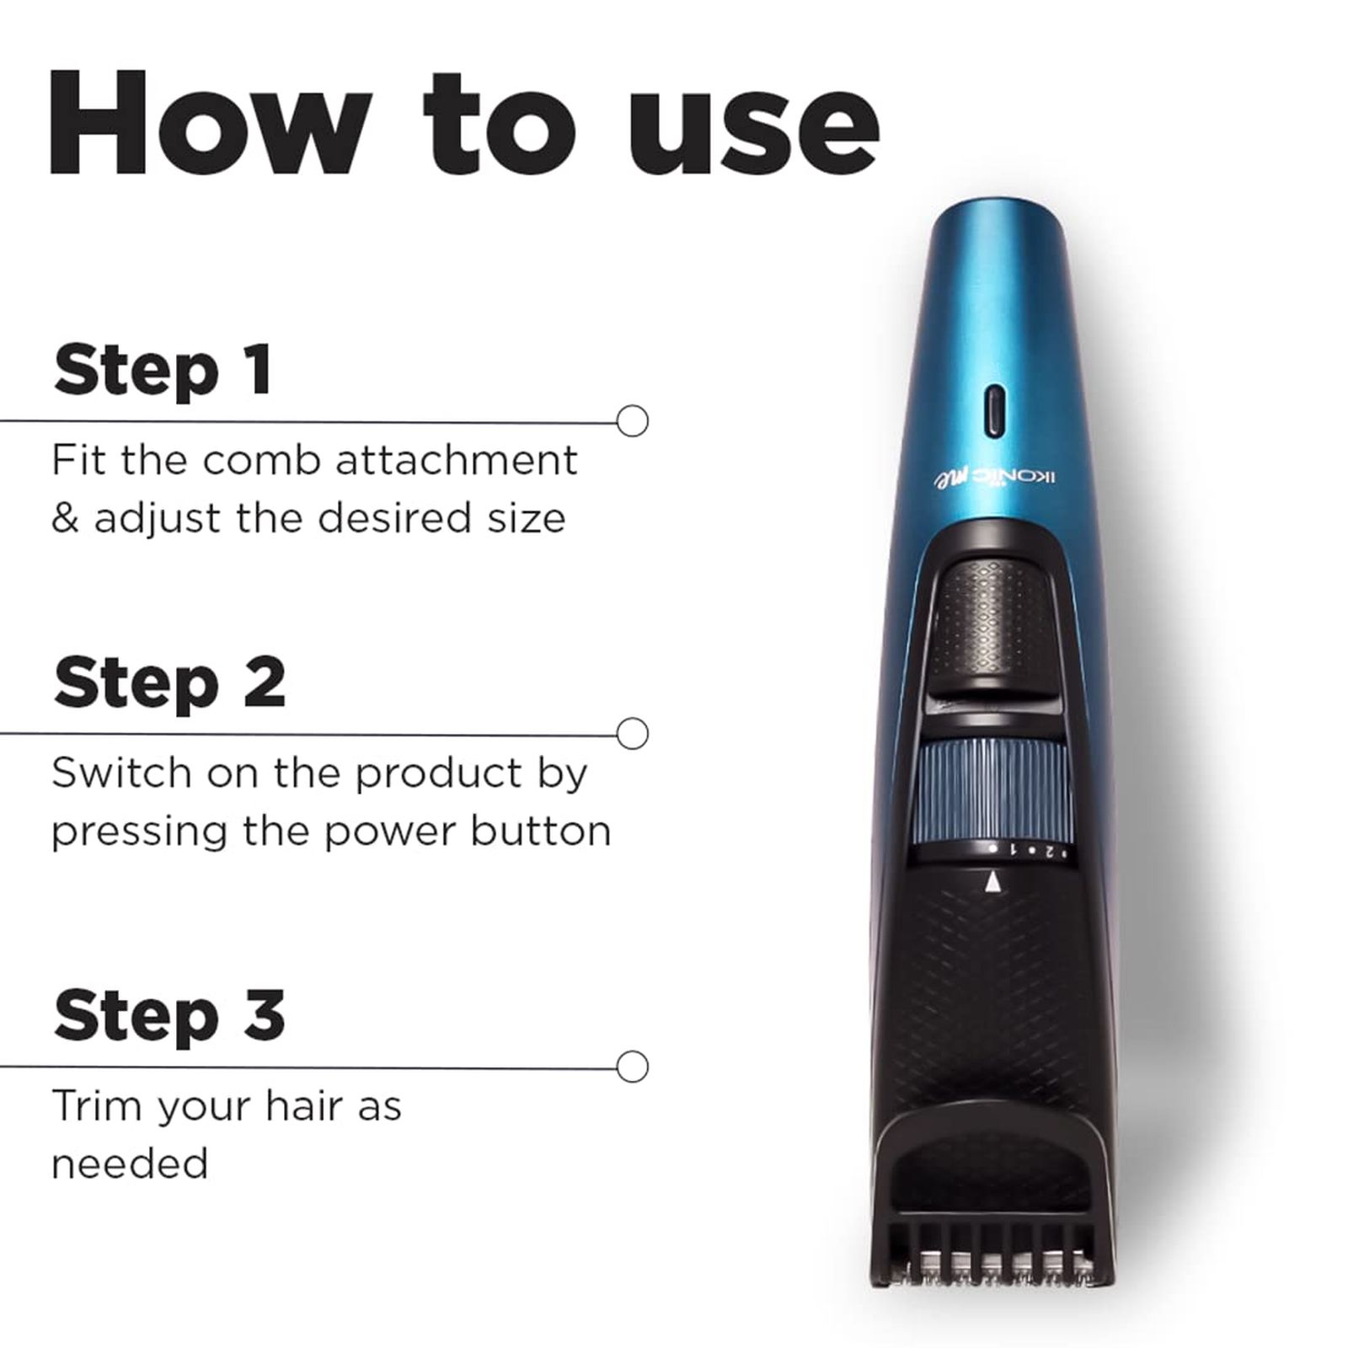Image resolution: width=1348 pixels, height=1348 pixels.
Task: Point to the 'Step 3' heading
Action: [x=168, y=1015]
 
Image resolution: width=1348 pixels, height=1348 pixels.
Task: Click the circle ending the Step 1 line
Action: [x=632, y=420]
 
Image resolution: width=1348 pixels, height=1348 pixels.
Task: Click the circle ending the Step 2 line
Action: [x=632, y=733]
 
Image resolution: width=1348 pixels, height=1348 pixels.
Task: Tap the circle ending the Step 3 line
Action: [x=632, y=1066]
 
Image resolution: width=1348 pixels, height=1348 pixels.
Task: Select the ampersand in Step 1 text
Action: [x=65, y=518]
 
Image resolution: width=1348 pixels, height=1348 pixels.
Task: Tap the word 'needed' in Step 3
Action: [x=129, y=1164]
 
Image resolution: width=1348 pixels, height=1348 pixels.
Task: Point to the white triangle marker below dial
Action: [x=993, y=882]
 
